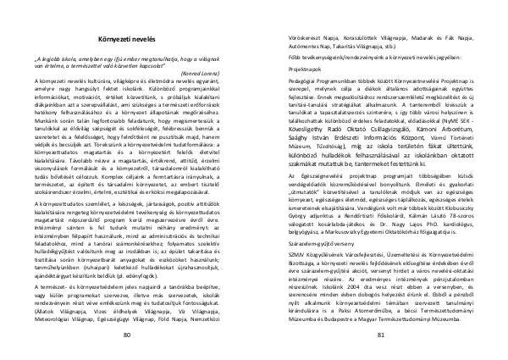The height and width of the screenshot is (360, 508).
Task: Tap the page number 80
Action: (x=128, y=336)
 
